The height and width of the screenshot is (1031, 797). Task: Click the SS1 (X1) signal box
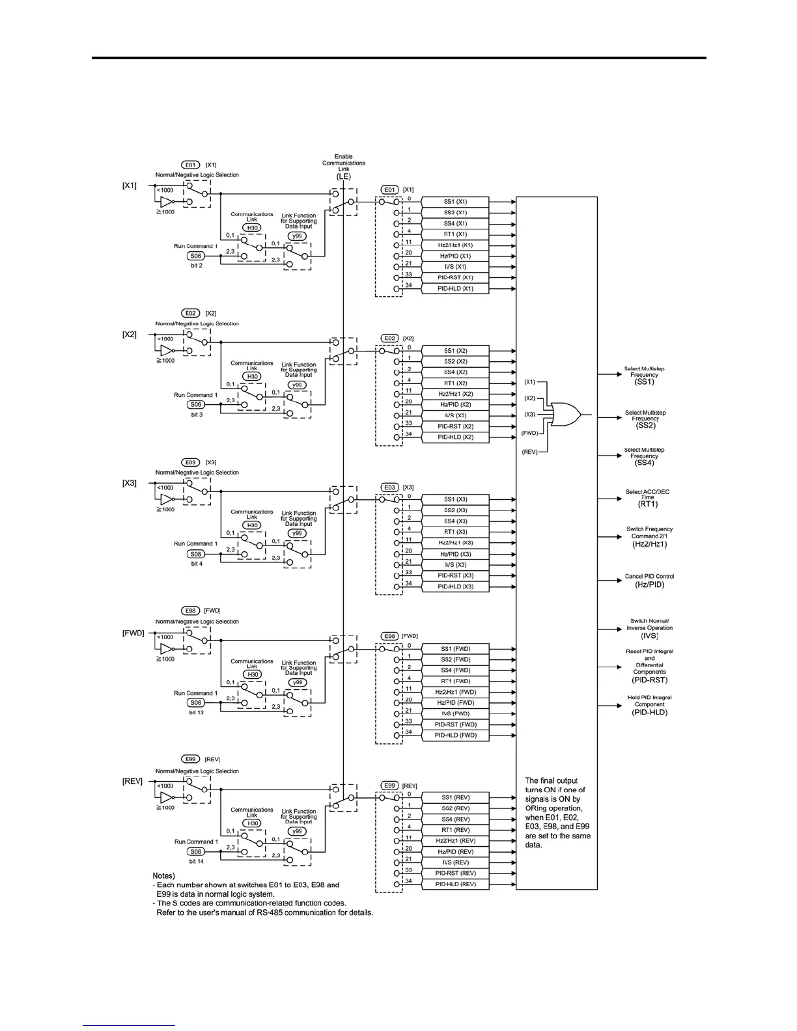[x=455, y=202]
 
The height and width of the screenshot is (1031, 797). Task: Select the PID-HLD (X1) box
[x=455, y=288]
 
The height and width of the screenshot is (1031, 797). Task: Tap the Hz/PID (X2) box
[x=455, y=405]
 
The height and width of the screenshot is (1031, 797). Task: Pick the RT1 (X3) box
[x=455, y=532]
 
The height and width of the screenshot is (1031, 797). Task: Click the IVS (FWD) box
[x=455, y=713]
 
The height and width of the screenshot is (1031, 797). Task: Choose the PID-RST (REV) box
[x=455, y=873]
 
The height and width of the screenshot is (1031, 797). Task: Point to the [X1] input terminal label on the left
[x=130, y=186]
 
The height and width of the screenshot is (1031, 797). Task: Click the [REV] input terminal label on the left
[x=132, y=781]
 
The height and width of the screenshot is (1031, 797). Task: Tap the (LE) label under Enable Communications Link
[x=343, y=176]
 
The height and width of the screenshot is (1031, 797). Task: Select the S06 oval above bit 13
[x=196, y=703]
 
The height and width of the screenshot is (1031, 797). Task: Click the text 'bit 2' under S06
[x=197, y=266]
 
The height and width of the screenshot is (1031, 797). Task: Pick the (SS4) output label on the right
[x=644, y=463]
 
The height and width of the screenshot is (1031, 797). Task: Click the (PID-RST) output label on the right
[x=649, y=680]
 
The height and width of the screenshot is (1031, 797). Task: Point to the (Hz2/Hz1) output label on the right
[x=649, y=544]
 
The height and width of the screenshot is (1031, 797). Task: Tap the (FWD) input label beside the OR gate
[x=529, y=432]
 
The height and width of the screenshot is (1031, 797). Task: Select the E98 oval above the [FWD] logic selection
[x=190, y=611]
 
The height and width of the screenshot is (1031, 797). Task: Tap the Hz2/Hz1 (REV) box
[x=455, y=840]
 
